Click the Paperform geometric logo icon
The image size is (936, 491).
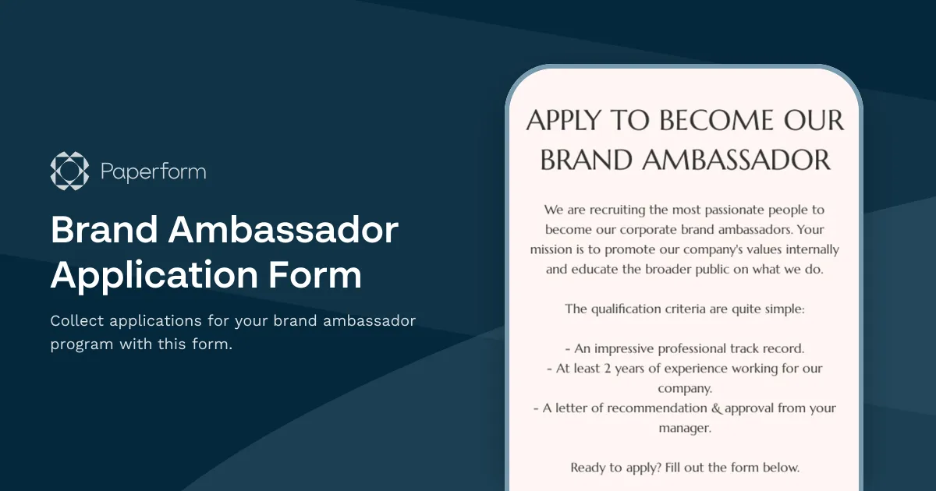pos(70,171)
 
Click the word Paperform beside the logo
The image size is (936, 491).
pos(154,171)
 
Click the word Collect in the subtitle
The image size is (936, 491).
pos(79,321)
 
